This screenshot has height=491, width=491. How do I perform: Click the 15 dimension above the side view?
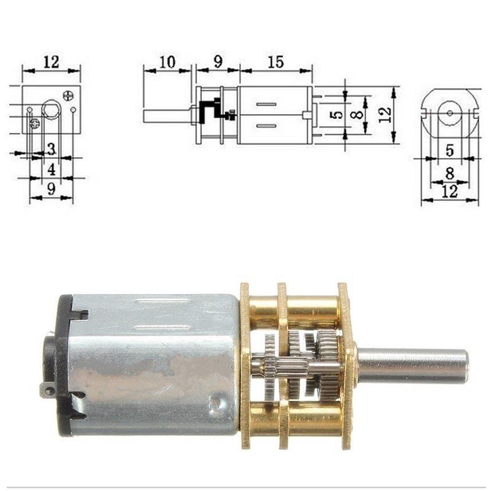[276, 61]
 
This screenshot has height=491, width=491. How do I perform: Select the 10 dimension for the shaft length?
[167, 61]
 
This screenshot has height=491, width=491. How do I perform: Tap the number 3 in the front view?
[52, 149]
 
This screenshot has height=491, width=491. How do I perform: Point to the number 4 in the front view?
[52, 169]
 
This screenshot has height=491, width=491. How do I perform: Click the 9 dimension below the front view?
[52, 189]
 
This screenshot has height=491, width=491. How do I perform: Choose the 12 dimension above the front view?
[52, 61]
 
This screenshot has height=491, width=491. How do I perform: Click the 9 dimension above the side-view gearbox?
[218, 61]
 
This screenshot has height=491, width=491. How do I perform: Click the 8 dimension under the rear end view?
[449, 173]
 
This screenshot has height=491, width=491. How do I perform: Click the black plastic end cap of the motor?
[62, 362]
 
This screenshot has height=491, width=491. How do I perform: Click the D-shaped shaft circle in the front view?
[50, 110]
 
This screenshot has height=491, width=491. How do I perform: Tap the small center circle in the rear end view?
[449, 113]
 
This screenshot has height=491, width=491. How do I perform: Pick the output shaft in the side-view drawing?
[167, 115]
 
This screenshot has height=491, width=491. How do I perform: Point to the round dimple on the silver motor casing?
[215, 403]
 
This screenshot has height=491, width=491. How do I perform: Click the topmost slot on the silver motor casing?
[161, 301]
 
